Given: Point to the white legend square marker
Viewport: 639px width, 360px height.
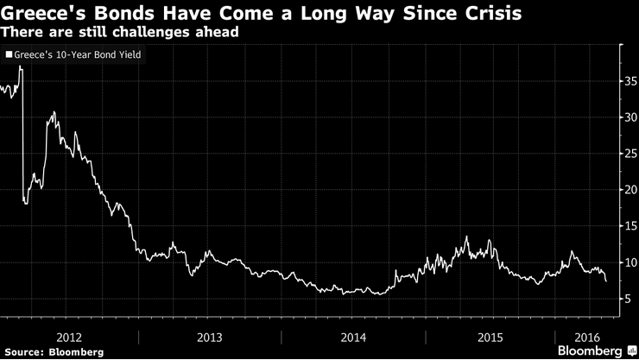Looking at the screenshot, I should coord(9,54).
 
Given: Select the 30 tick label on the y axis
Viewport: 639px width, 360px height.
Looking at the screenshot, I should coord(630,118).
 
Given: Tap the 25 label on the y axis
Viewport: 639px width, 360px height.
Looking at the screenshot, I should coord(630,155).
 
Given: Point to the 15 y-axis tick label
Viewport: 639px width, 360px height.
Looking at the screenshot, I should coord(630,226).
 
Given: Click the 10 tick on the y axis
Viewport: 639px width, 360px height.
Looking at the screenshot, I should coord(630,262).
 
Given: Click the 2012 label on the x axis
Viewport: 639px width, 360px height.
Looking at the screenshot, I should coord(68,336).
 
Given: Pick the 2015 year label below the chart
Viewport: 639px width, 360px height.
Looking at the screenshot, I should coord(491,336).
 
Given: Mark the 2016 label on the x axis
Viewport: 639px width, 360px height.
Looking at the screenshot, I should coord(586,336).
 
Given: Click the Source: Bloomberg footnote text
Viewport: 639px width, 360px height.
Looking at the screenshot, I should coord(53,351).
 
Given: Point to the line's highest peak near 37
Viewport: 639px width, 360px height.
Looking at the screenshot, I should coord(20,67).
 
